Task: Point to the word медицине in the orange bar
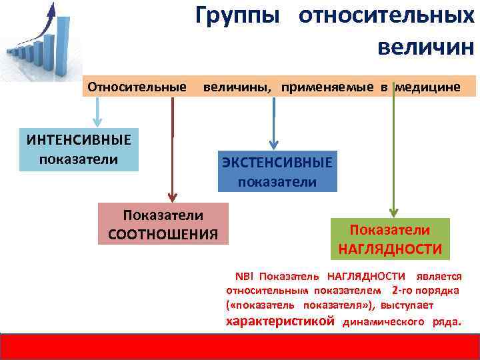(x=427, y=87)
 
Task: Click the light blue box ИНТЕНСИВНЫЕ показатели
(x=79, y=149)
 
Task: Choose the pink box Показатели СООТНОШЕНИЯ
(x=163, y=224)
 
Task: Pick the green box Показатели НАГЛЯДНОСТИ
(x=390, y=239)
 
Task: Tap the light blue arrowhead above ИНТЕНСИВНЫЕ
(x=97, y=122)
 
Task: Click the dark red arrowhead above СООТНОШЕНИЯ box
(x=173, y=197)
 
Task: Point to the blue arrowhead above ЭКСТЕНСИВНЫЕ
(x=273, y=144)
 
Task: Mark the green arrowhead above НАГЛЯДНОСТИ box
(x=394, y=213)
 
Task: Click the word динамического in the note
(x=383, y=322)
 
